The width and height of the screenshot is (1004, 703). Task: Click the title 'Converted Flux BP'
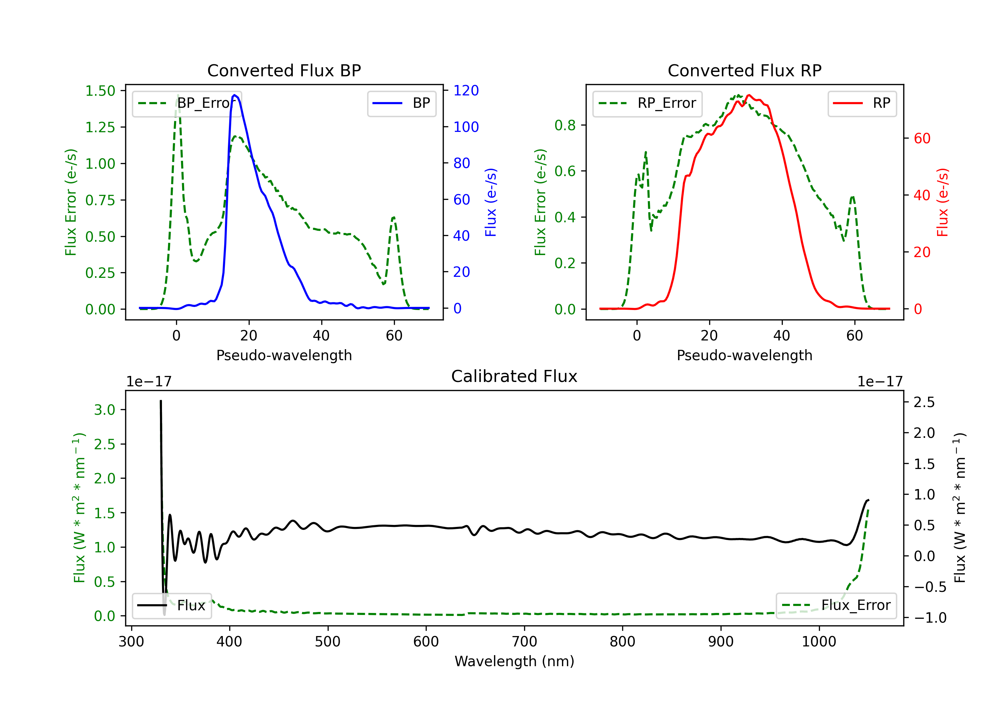[x=284, y=70]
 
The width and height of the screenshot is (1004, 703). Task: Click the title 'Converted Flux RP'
[x=744, y=70]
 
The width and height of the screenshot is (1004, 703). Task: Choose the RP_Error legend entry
[x=647, y=103]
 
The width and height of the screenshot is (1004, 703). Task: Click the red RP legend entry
[x=861, y=103]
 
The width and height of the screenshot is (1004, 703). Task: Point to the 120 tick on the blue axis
[x=466, y=91]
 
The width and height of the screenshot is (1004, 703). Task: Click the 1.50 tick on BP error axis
[x=100, y=91]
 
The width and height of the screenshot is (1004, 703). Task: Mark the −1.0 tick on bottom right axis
[x=930, y=618]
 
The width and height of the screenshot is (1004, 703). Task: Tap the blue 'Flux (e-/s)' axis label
[x=491, y=202]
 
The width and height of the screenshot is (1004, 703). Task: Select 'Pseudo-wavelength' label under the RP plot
[x=744, y=355]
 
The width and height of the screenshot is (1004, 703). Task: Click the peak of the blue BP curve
[x=235, y=95]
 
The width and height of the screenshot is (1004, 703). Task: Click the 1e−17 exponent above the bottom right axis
[x=880, y=382]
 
